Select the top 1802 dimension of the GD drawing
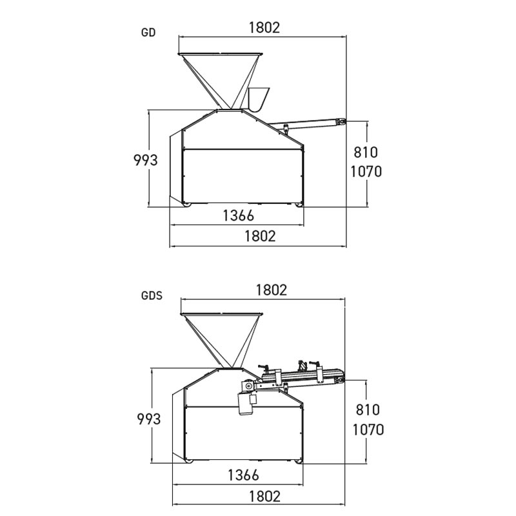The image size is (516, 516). click(x=264, y=27)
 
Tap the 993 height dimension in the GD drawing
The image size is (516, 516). click(x=145, y=160)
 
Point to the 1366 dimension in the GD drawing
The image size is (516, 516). click(x=238, y=215)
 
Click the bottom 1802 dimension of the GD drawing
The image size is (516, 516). click(x=259, y=236)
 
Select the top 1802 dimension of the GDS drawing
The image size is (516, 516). click(x=270, y=290)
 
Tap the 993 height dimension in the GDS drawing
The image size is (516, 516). click(x=148, y=419)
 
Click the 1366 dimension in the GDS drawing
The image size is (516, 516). click(x=243, y=475)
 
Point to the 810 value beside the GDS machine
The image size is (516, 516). click(x=367, y=410)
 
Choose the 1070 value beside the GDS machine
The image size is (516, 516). click(x=367, y=429)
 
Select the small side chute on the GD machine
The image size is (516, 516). click(x=257, y=98)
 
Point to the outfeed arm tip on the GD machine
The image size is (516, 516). click(x=339, y=120)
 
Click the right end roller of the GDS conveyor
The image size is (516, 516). click(x=339, y=376)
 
